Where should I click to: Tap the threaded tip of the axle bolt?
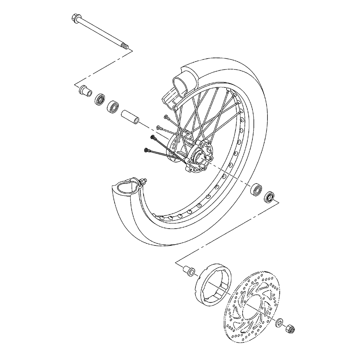click(125, 46)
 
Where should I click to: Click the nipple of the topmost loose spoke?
click(166, 117)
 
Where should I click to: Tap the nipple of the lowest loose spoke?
click(146, 149)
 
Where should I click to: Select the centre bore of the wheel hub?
click(197, 157)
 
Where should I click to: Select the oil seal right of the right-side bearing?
click(269, 197)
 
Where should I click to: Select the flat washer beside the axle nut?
click(279, 322)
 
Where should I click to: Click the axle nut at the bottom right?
click(290, 328)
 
